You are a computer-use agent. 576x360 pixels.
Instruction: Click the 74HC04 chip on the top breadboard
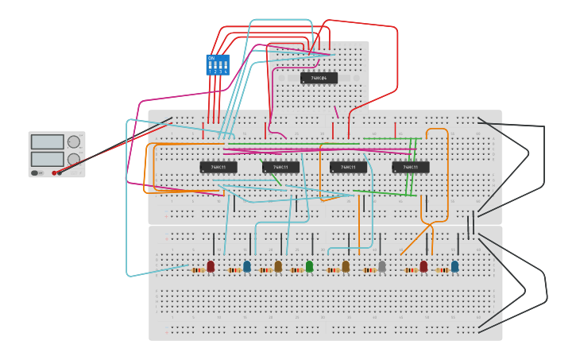(319, 78)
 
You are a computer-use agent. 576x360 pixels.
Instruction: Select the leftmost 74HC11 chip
(218, 167)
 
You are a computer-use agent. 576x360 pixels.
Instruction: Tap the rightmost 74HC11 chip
(411, 167)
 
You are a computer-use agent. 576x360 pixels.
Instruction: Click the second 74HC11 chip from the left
(280, 167)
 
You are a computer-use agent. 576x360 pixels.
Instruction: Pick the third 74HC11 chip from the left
(348, 167)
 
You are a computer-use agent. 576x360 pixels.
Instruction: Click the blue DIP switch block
(217, 64)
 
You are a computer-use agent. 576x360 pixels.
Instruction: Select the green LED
(309, 266)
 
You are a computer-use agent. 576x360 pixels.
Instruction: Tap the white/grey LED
(382, 266)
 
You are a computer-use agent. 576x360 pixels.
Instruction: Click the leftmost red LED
(211, 266)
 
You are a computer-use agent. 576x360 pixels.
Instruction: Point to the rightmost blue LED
(454, 266)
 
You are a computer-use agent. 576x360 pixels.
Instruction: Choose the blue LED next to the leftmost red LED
(246, 266)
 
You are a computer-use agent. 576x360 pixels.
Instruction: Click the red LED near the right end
(423, 266)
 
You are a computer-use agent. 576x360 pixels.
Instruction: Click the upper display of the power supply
(47, 142)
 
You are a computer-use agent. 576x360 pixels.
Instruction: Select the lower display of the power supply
(47, 159)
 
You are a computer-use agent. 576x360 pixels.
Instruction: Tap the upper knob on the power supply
(74, 142)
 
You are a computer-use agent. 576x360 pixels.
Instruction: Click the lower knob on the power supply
(74, 159)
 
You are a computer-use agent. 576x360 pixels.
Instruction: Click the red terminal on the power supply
(54, 172)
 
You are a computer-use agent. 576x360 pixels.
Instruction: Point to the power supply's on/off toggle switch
(35, 172)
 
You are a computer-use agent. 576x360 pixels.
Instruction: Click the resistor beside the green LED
(297, 270)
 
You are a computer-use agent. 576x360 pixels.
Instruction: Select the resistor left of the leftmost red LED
(197, 270)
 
